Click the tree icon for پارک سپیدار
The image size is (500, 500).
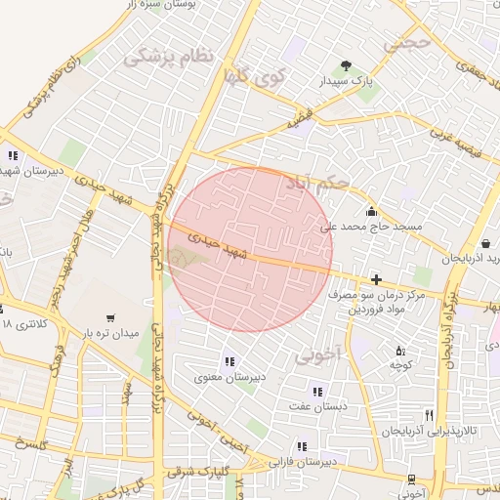pos(346,66)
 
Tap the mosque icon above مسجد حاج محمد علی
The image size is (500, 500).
pos(371,211)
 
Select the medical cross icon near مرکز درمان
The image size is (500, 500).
pos(376,279)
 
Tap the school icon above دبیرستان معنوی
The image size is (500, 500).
pos(229,361)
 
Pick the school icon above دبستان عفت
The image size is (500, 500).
pos(316,392)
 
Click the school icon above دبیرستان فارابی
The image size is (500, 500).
pos(301,446)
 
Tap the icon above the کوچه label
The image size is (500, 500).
pos(398,351)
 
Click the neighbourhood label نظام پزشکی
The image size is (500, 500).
pos(167,56)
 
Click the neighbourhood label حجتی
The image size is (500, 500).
pos(406,42)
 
